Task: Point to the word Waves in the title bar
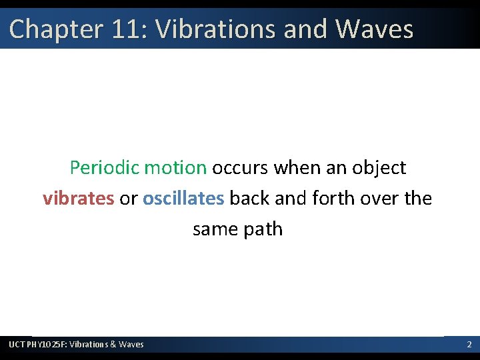click(x=374, y=29)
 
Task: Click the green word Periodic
click(x=105, y=167)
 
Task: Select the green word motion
click(x=175, y=167)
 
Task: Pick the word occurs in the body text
click(x=240, y=167)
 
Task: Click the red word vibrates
click(x=78, y=198)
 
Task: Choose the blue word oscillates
click(x=183, y=198)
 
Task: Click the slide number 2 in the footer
click(x=469, y=344)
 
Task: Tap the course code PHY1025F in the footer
click(x=47, y=344)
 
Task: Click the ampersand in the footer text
click(x=113, y=344)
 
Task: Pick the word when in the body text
click(x=297, y=167)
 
